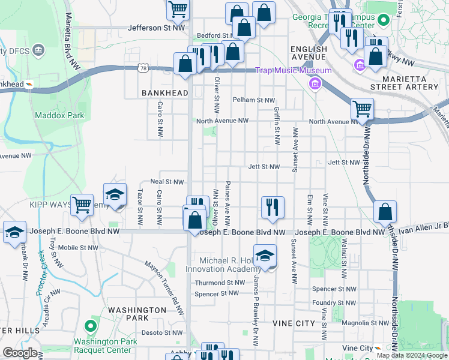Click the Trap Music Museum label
click(293, 71)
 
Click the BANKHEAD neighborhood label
click(164, 93)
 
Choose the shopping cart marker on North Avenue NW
click(362, 109)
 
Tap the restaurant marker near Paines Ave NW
click(273, 208)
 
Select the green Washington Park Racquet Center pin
click(91, 327)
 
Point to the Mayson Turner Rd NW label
click(163, 286)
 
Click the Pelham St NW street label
click(253, 100)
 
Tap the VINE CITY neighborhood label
click(294, 323)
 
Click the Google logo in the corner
click(20, 353)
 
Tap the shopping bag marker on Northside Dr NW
click(385, 211)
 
